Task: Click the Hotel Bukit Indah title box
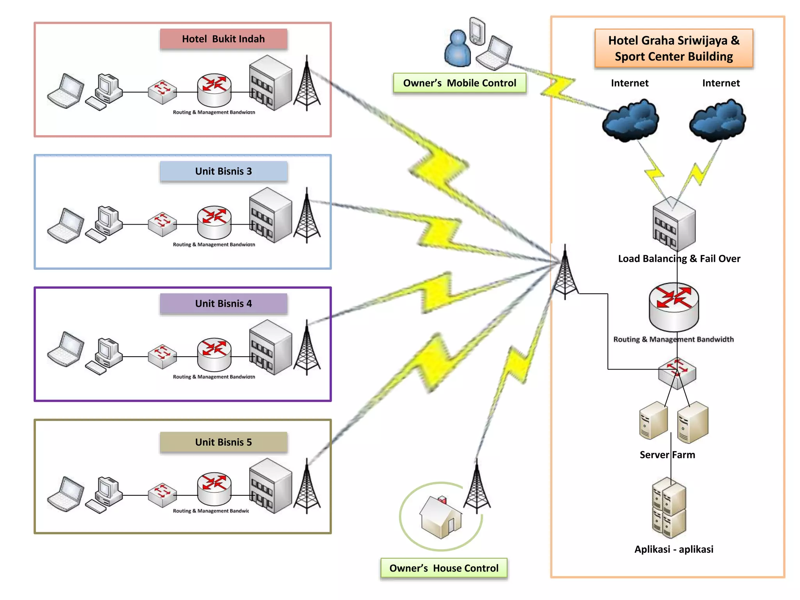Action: coord(223,39)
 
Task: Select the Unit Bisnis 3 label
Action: coord(223,171)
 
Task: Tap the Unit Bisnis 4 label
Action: coord(223,304)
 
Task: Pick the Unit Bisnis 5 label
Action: coord(223,442)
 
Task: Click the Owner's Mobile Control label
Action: coord(459,83)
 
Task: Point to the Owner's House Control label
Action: coord(444,568)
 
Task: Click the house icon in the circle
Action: coord(441,518)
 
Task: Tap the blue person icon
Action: coord(457,49)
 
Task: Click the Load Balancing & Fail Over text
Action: coord(679,259)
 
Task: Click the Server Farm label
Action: coord(667,455)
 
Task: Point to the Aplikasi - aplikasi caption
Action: coord(674,549)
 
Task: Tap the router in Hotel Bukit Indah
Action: coord(214,90)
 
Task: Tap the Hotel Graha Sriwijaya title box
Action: coord(674,48)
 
